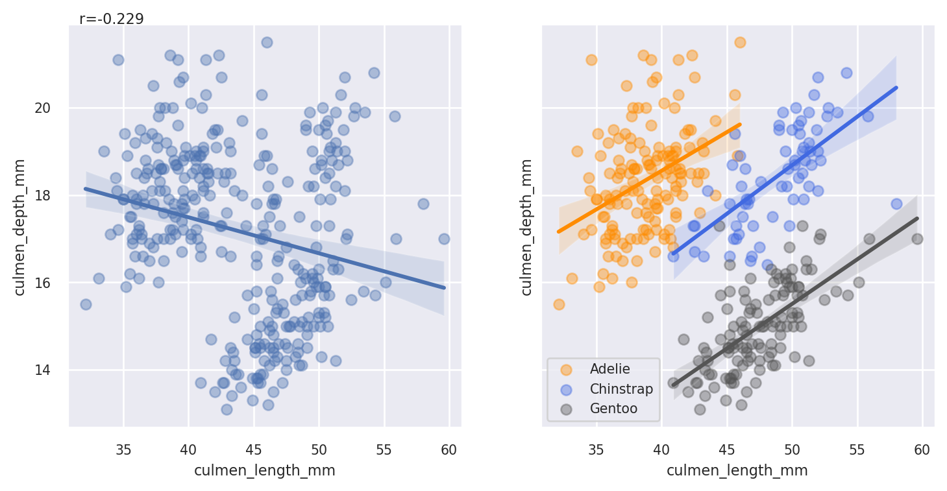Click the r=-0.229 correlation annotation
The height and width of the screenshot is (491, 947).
pos(112,19)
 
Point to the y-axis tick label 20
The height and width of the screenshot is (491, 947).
pos(42,108)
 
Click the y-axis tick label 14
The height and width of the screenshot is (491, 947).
pos(42,370)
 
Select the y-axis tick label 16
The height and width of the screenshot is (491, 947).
pos(42,283)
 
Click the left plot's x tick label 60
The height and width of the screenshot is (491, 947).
pos(449,449)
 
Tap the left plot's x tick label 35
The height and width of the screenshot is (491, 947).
pos(123,449)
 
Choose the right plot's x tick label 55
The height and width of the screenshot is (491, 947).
pos(857,449)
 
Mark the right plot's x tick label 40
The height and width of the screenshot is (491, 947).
pos(661,449)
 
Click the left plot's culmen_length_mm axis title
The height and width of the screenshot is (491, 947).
pos(265,471)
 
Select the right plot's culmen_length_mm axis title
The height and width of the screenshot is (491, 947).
pos(737,471)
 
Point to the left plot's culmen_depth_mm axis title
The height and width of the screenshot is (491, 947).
pos(19,227)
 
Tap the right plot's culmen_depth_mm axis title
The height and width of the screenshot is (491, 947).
pos(526,227)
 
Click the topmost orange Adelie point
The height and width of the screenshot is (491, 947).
pos(740,42)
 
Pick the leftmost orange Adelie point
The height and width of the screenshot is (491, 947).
pos(559,304)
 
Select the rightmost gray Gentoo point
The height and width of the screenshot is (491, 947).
pos(917,239)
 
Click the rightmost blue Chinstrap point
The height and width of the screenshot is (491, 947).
pos(896,204)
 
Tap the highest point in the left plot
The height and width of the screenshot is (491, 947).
pos(267,42)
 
